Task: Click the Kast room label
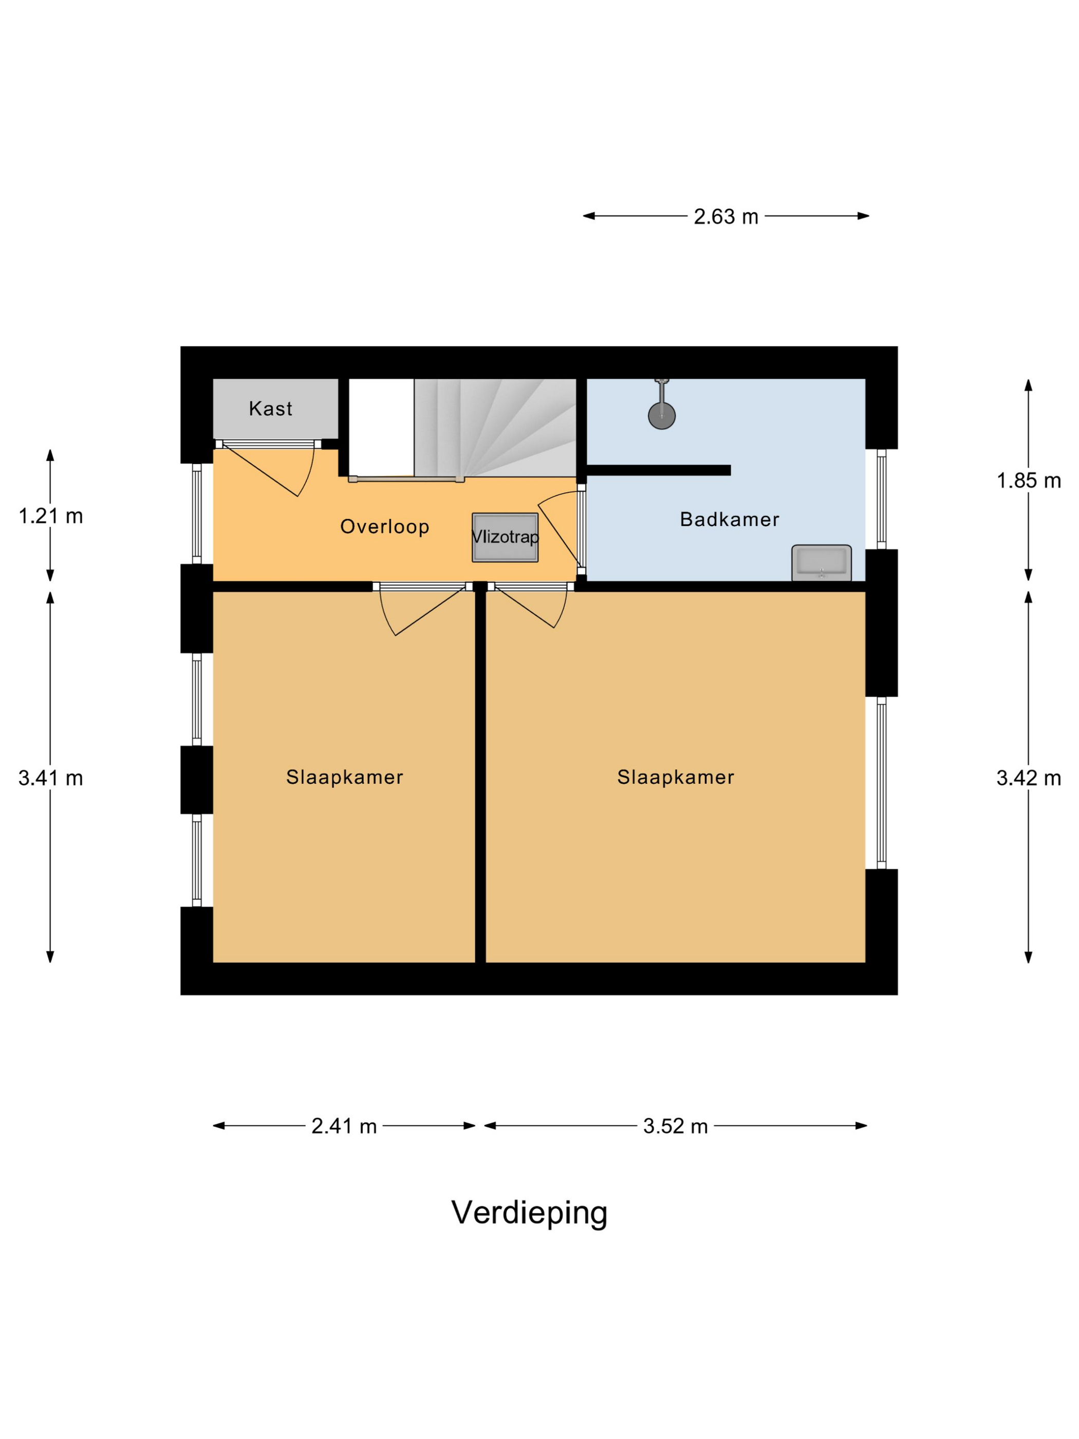click(271, 409)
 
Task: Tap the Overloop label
click(384, 526)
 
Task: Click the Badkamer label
click(729, 519)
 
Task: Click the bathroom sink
click(821, 562)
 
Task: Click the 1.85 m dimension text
click(1028, 481)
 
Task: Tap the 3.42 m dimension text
click(1028, 778)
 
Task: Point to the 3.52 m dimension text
click(675, 1126)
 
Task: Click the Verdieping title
click(529, 1212)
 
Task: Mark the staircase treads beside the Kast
click(494, 426)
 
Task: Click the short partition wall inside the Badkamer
click(658, 470)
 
